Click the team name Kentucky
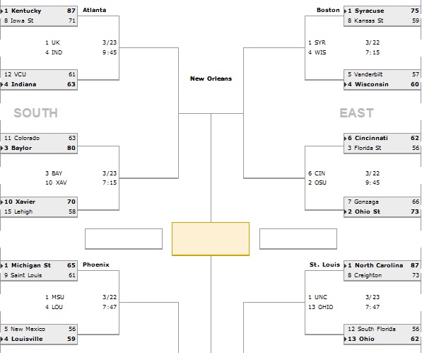pyautogui.click(x=26, y=11)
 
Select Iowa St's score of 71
pyautogui.click(x=72, y=21)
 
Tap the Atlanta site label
pyautogui.click(x=95, y=10)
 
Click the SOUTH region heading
pyautogui.click(x=36, y=113)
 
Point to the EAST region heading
pyautogui.click(x=356, y=113)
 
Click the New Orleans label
pyautogui.click(x=211, y=79)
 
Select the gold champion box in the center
pyautogui.click(x=211, y=239)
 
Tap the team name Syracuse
pyautogui.click(x=369, y=11)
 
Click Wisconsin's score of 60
pyautogui.click(x=415, y=84)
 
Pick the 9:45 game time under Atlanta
pyautogui.click(x=110, y=52)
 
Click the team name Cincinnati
pyautogui.click(x=371, y=138)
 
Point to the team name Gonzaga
pyautogui.click(x=366, y=202)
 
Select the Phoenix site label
pyautogui.click(x=96, y=265)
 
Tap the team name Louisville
pyautogui.click(x=27, y=339)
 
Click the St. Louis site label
pyautogui.click(x=324, y=265)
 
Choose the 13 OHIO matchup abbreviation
pyautogui.click(x=320, y=307)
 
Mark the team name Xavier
pyautogui.click(x=25, y=202)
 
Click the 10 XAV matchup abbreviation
pyautogui.click(x=56, y=182)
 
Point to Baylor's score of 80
pyautogui.click(x=71, y=148)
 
